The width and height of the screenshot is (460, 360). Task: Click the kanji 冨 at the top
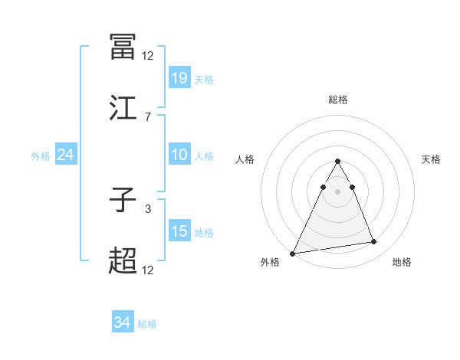[x=123, y=47]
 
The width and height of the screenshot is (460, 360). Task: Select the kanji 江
[x=123, y=108]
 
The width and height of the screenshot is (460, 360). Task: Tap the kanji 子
[x=123, y=200]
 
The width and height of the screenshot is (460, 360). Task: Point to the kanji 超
[x=123, y=261]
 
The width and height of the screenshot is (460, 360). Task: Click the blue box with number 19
[x=179, y=77]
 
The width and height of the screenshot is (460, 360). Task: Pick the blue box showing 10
[x=179, y=155]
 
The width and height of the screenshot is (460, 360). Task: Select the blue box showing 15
[x=179, y=231]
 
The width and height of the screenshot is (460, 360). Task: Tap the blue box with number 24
[x=66, y=155]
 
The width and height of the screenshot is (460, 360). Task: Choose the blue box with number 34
[x=123, y=322]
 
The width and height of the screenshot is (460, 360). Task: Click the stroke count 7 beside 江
[x=147, y=116]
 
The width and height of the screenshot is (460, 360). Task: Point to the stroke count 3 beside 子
[x=147, y=208]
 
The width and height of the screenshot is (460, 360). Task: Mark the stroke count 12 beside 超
[x=147, y=270]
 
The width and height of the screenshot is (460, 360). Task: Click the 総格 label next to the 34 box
[x=147, y=324]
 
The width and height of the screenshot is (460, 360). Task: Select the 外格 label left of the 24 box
[x=41, y=156]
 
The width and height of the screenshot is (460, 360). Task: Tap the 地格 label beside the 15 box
[x=204, y=233]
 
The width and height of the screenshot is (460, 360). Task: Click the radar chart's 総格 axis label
[x=337, y=100]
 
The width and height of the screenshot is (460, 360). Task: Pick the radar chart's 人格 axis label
[x=246, y=159]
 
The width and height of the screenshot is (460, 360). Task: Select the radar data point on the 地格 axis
[x=374, y=242]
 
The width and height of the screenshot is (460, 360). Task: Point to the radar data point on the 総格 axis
[x=337, y=162]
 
